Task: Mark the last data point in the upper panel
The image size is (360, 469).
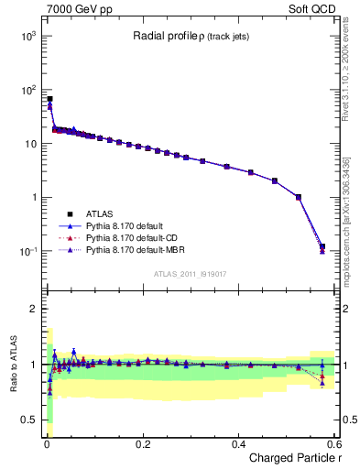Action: click(x=322, y=246)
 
